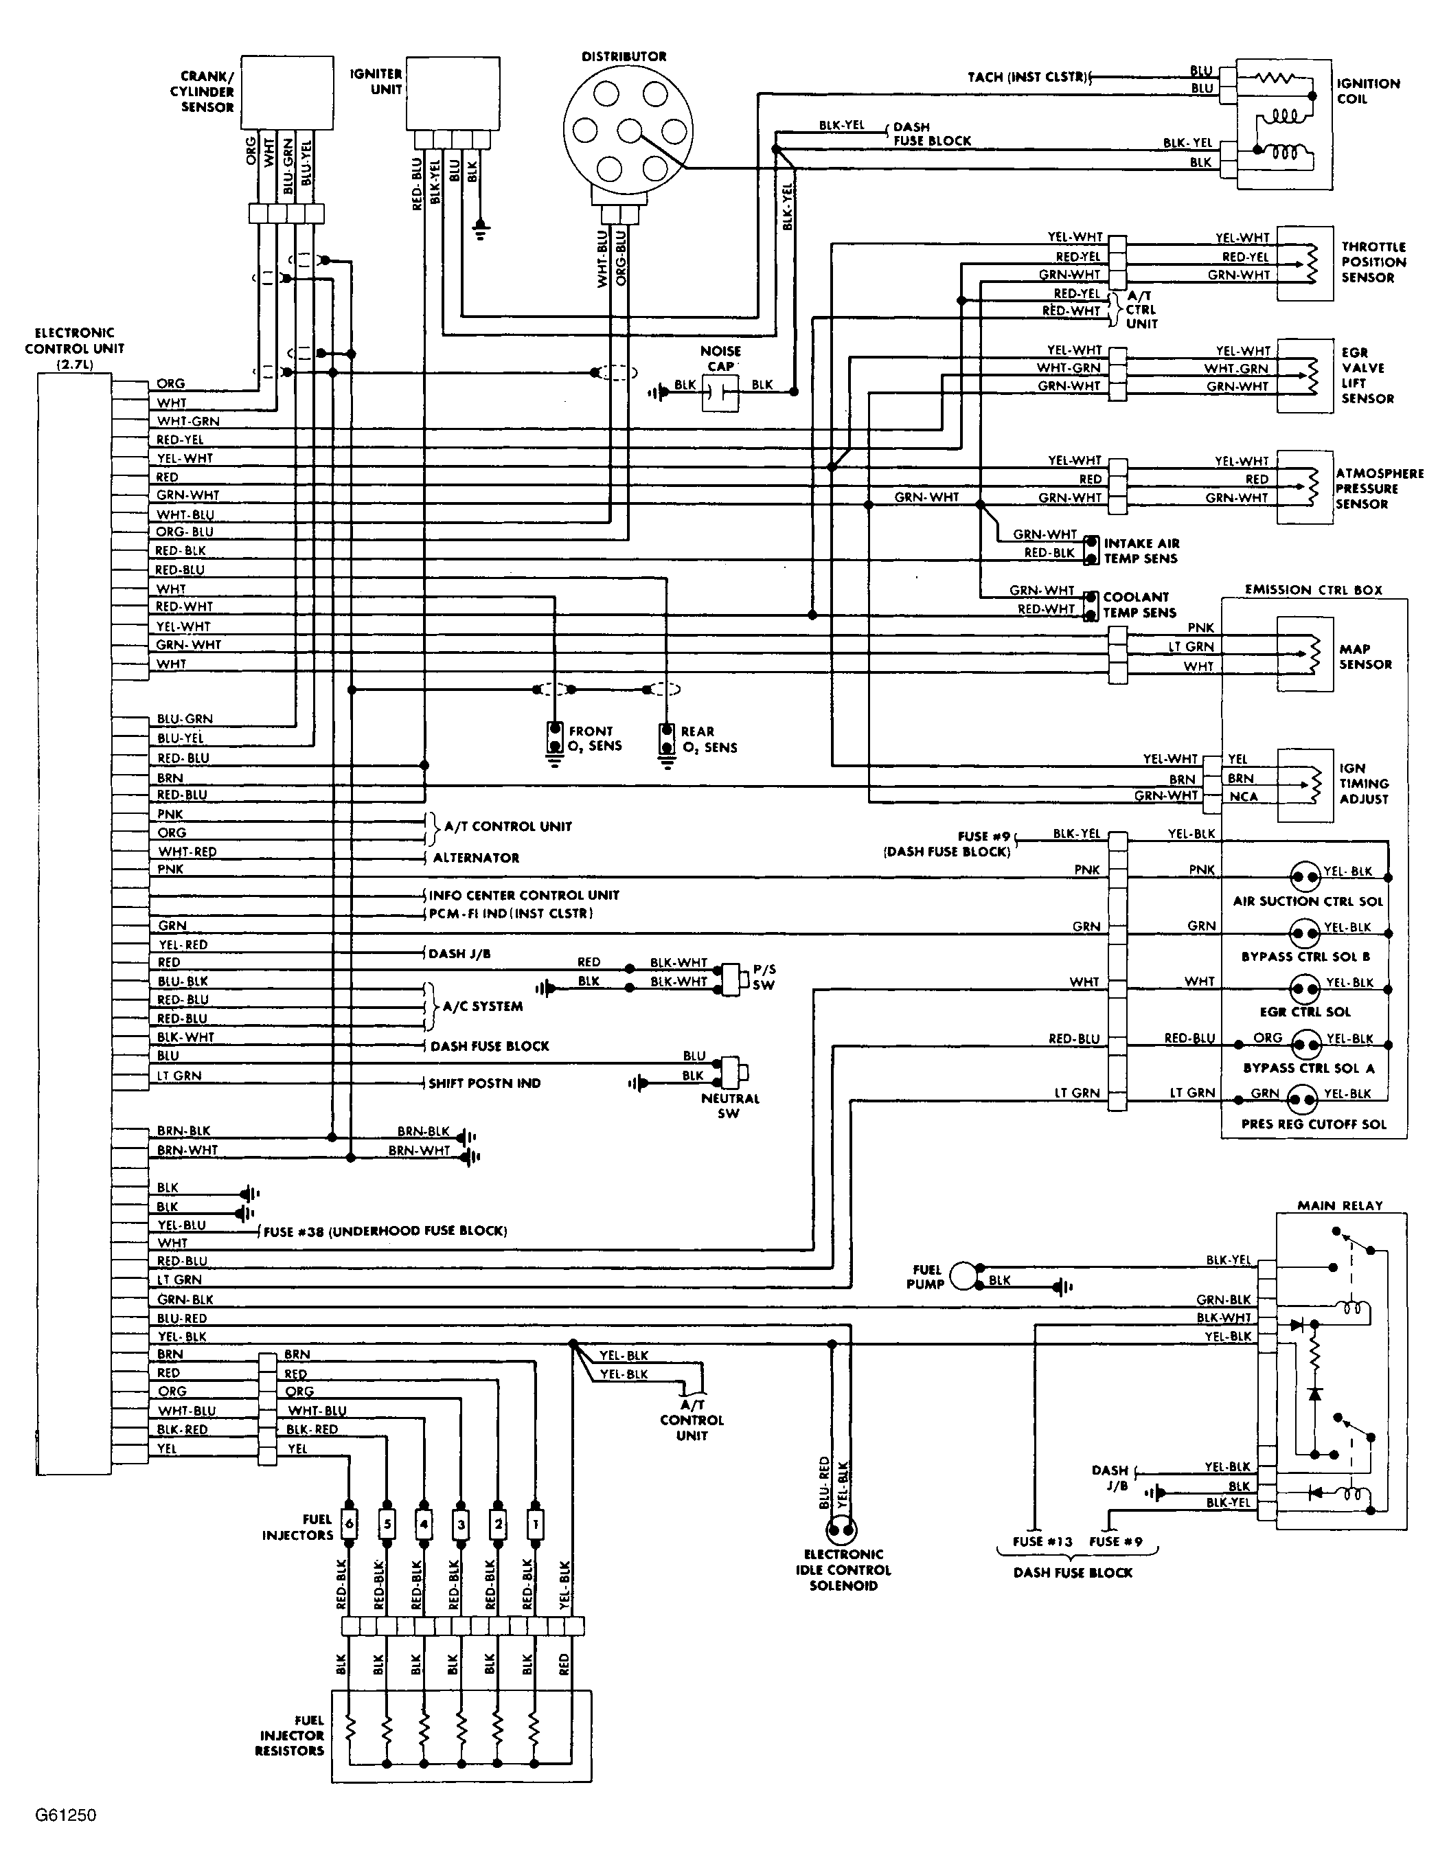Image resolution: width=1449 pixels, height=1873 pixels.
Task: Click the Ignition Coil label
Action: [1367, 91]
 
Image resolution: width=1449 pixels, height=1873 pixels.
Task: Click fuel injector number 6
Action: [348, 1525]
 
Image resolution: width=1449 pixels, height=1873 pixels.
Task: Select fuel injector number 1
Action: [535, 1525]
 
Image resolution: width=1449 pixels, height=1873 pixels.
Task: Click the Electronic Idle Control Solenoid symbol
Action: [841, 1529]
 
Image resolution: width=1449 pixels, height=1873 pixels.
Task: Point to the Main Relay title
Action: [1339, 1205]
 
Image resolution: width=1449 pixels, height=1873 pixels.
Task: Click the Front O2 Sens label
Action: [594, 738]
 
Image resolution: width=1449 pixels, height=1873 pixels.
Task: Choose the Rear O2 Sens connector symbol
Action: [666, 739]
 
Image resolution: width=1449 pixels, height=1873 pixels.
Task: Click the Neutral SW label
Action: [729, 1105]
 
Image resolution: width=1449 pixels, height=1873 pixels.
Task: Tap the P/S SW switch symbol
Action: [731, 977]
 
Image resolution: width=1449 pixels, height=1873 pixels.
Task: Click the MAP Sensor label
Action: [1365, 656]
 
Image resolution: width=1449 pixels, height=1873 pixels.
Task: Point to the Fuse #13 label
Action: [1042, 1541]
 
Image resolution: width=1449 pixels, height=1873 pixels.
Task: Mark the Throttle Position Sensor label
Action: [1373, 262]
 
